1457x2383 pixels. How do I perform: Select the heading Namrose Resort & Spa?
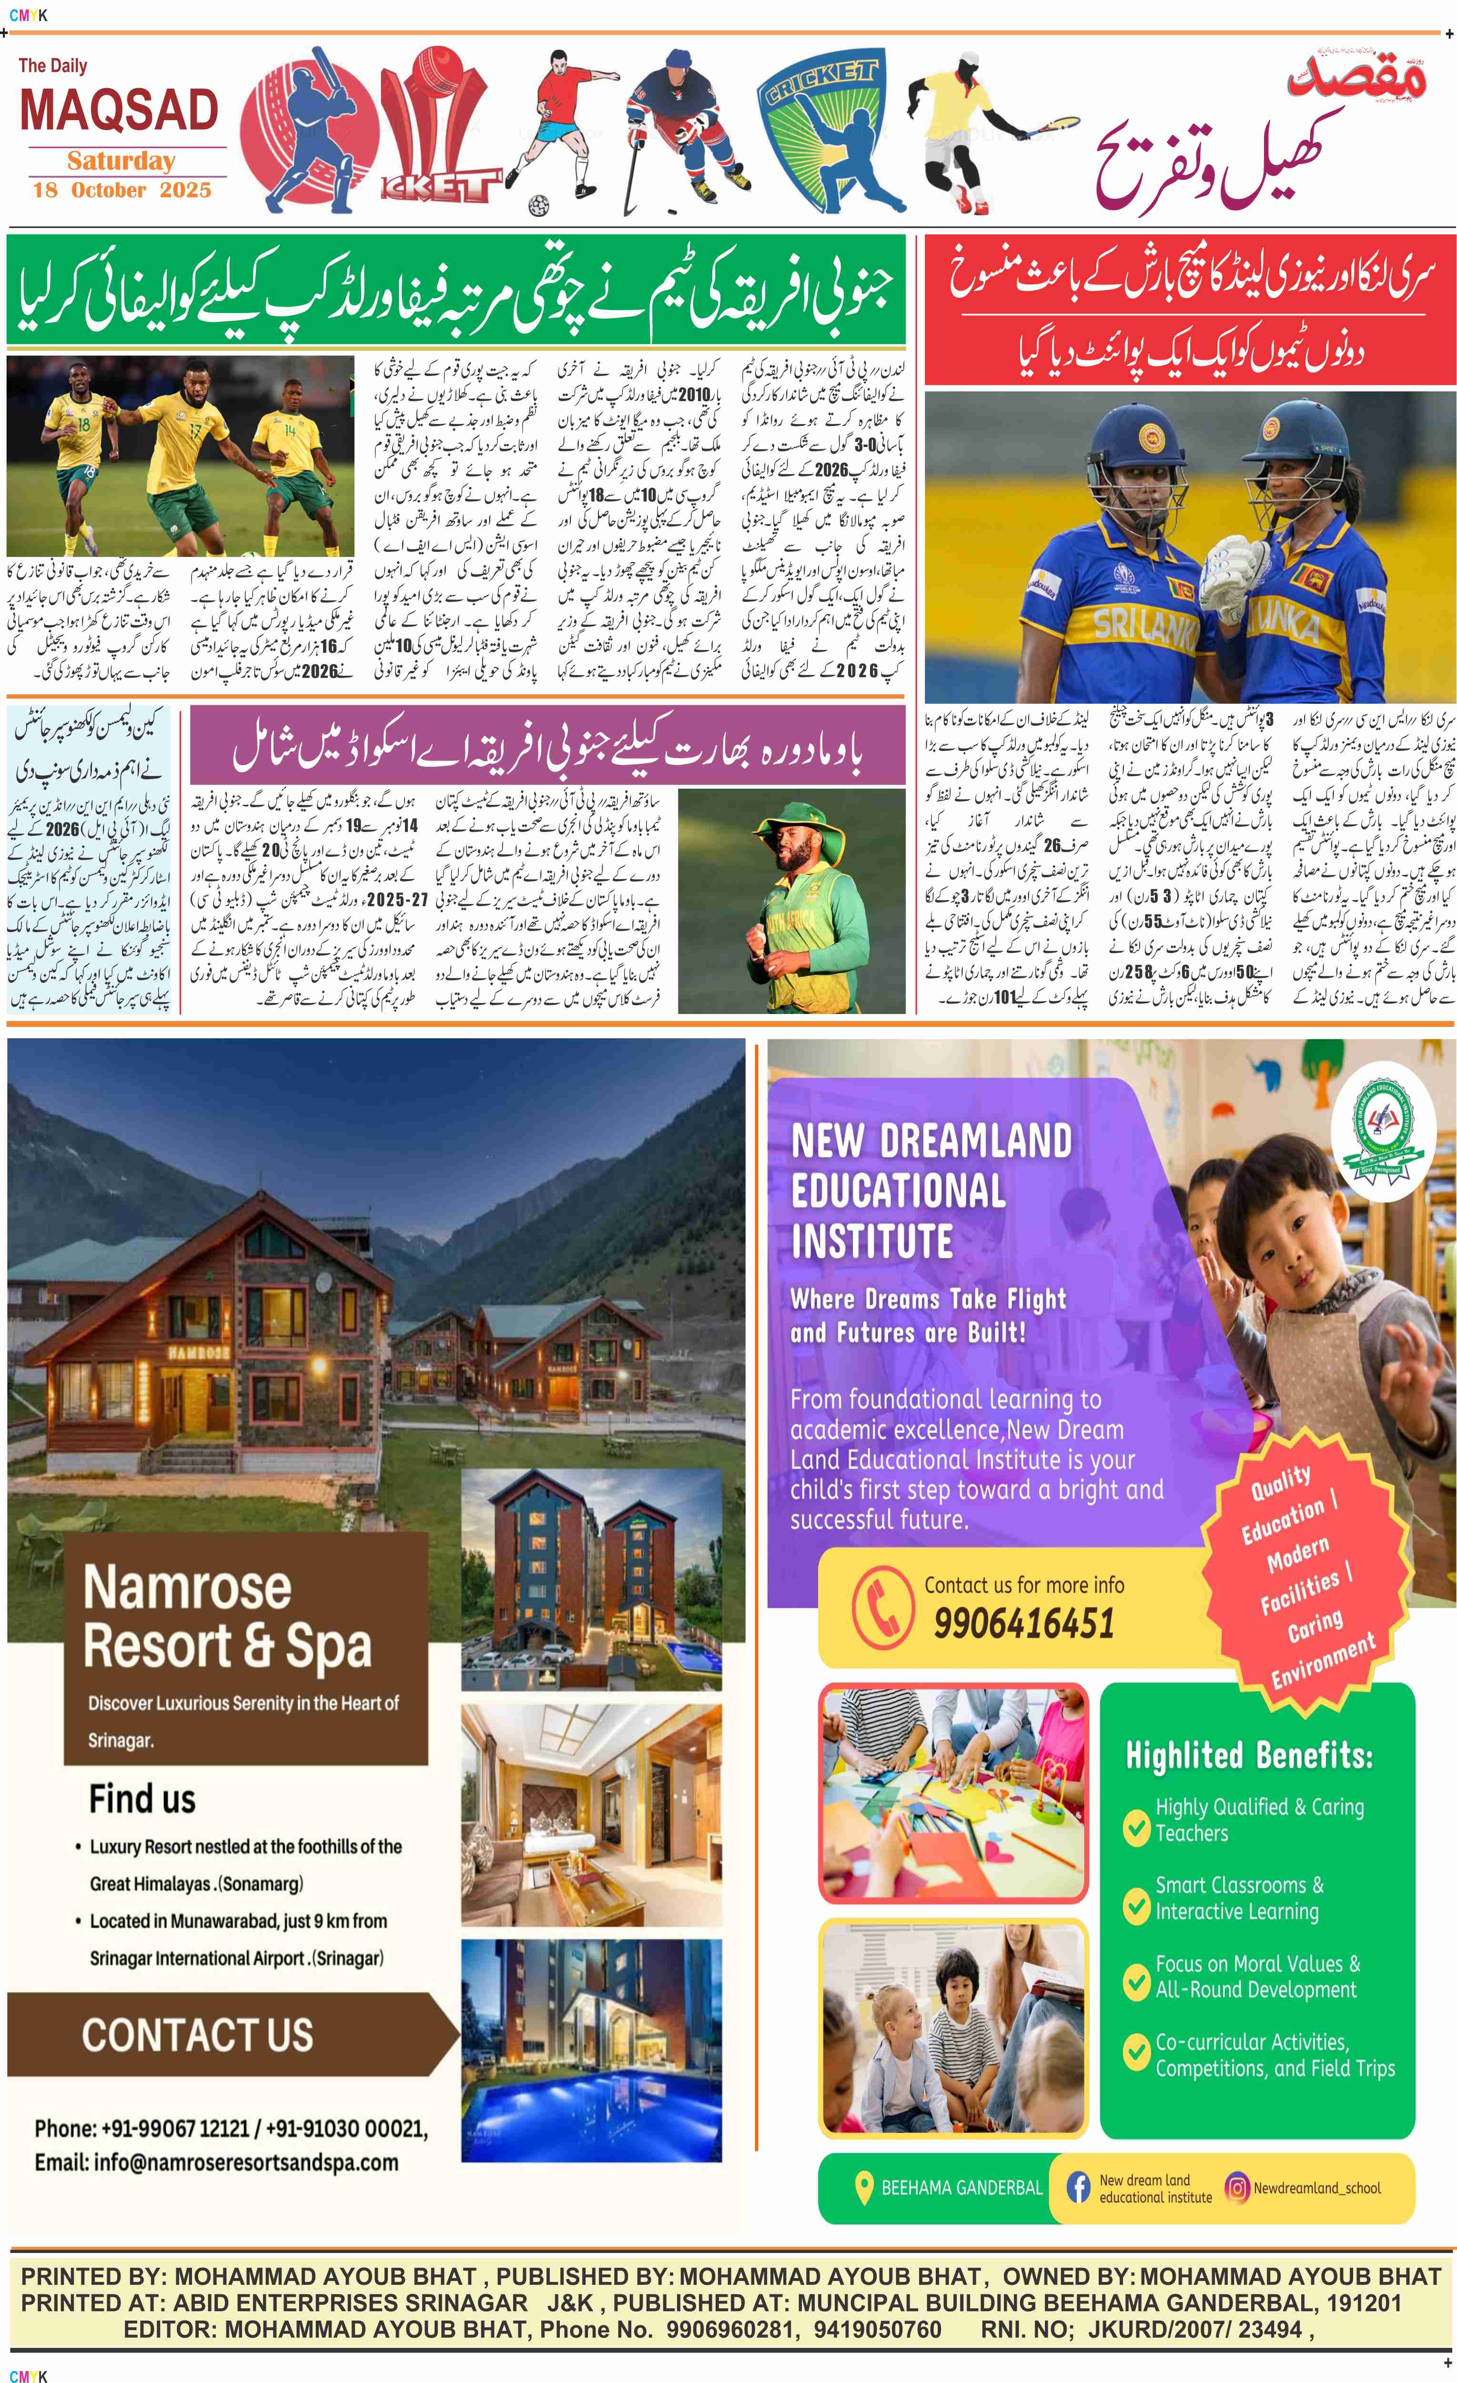(x=227, y=1617)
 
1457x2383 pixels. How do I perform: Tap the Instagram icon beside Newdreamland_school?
(x=1236, y=2188)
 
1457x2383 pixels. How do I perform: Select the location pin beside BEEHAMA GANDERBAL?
(x=864, y=2188)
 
